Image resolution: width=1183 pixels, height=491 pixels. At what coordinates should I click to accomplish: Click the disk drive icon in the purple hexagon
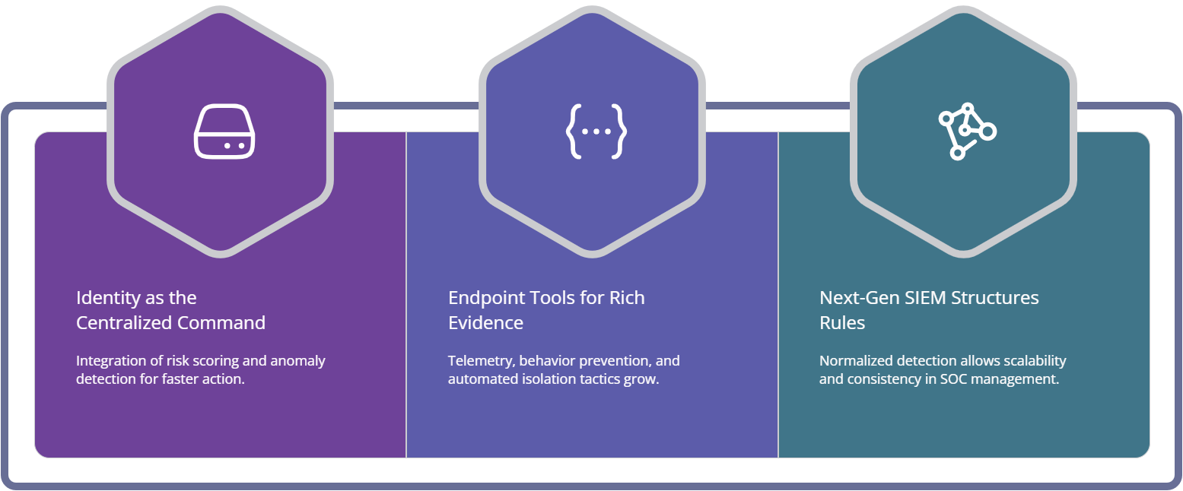click(x=224, y=131)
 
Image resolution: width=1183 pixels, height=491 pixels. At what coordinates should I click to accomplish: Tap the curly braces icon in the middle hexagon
click(x=596, y=131)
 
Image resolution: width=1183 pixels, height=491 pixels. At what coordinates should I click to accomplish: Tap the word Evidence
click(x=485, y=322)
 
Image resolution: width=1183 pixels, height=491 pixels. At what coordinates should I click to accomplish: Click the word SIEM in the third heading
click(x=925, y=297)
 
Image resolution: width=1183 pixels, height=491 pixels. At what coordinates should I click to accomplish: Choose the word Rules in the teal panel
click(x=842, y=322)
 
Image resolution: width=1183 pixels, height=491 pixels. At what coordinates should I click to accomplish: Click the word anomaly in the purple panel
click(x=298, y=360)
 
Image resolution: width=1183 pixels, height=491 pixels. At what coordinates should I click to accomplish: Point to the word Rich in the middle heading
click(x=627, y=297)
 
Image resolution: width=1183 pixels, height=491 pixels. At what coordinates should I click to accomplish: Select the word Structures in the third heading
click(x=994, y=297)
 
